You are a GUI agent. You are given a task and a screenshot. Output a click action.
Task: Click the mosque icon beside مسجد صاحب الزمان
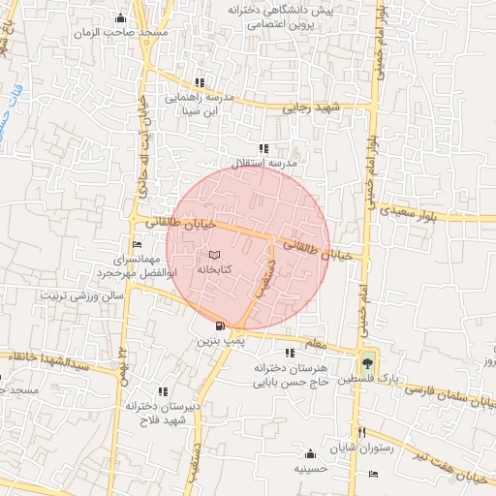tap(120, 17)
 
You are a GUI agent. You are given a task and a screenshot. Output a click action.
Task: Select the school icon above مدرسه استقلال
tap(263, 147)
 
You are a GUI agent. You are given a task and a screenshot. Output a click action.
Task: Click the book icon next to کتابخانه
tap(214, 255)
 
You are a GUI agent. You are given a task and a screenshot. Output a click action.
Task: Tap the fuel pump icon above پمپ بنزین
tap(221, 326)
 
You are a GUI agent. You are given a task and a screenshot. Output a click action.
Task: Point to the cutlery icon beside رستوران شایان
tap(361, 432)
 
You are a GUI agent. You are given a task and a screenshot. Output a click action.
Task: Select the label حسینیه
tap(311, 468)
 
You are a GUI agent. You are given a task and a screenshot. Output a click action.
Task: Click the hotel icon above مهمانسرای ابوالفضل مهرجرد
tap(135, 245)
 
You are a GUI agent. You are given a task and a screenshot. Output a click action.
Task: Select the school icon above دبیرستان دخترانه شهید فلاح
tap(162, 391)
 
